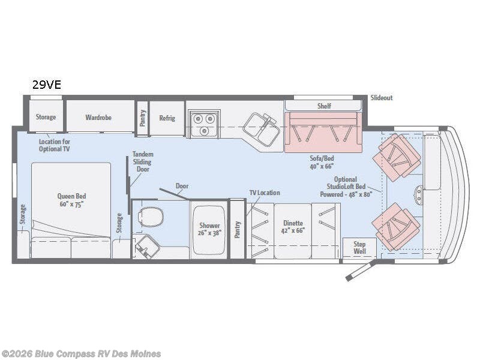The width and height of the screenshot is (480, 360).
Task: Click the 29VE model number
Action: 47,85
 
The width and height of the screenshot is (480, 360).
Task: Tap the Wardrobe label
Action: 98,117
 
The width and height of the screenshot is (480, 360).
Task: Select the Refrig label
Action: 167,118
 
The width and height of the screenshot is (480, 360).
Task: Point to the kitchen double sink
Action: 262,130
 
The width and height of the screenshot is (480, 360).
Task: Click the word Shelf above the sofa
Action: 324,106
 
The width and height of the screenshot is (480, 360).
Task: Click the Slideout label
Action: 382,98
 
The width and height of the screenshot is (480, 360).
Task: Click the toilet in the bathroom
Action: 151,217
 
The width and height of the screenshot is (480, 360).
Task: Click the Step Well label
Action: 359,248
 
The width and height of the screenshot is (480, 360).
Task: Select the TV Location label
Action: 265,193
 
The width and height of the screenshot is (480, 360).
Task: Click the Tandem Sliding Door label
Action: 143,161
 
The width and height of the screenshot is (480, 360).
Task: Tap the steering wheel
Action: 418,196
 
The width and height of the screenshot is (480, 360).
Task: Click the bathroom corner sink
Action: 147,247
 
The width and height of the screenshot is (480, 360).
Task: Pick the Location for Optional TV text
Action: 54,145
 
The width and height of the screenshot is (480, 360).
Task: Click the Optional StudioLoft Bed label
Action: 346,187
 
